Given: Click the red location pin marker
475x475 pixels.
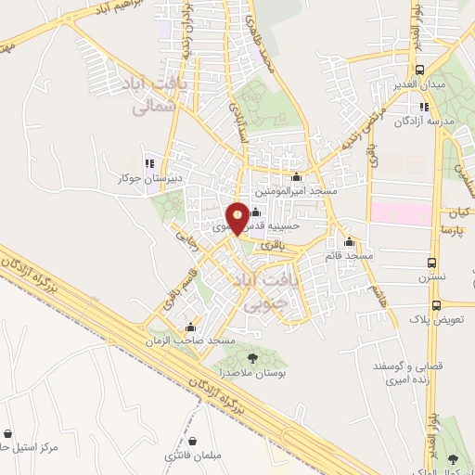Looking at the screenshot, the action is (238, 218).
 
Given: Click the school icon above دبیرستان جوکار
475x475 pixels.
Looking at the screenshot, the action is (148, 163).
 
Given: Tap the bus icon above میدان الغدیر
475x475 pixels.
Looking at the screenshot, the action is (420, 71).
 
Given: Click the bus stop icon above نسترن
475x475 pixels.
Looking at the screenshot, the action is (431, 263).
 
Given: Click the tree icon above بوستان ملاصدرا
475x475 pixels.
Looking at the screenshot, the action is (252, 356).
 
